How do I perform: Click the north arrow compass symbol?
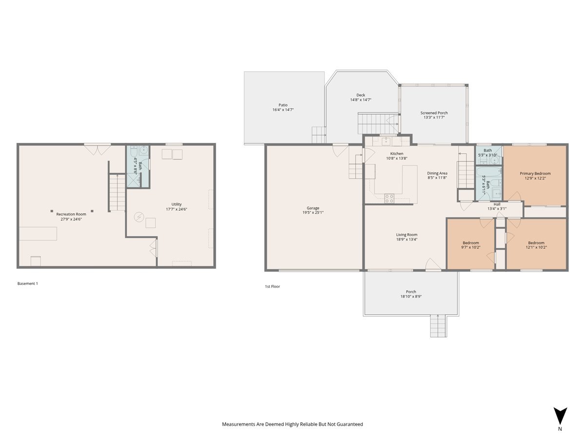[x=560, y=416]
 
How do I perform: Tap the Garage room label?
[x=312, y=208]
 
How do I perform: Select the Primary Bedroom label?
[x=535, y=174]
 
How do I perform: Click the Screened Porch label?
[x=434, y=113]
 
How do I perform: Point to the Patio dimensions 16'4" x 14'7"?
[x=283, y=110]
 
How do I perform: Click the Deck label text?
[x=360, y=95]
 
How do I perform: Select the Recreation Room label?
[x=71, y=214]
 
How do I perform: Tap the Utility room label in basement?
[x=176, y=204]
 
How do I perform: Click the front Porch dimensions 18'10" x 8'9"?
[x=411, y=297]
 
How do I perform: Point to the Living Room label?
[x=407, y=235]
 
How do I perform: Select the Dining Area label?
[x=437, y=173]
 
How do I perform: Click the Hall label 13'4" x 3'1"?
[x=497, y=204]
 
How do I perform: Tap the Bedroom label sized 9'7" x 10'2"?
[x=470, y=243]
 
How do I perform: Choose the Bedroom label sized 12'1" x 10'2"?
[x=536, y=243]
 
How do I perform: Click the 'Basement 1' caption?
[x=28, y=283]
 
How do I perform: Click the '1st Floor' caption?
[x=272, y=286]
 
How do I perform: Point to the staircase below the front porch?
[x=438, y=326]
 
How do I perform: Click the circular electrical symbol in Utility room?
[x=139, y=216]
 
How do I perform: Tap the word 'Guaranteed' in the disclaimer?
[x=348, y=424]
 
